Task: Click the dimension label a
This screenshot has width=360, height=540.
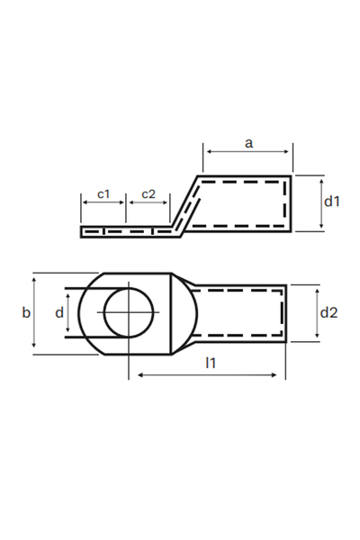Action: pyautogui.click(x=247, y=141)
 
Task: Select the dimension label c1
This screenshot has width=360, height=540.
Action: pyautogui.click(x=103, y=193)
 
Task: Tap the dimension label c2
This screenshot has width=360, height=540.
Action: pyautogui.click(x=148, y=193)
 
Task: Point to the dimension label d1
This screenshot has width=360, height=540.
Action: pyautogui.click(x=332, y=202)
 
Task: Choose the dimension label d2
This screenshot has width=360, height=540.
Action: pyautogui.click(x=329, y=312)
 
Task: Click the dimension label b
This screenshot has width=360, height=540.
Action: pyautogui.click(x=25, y=312)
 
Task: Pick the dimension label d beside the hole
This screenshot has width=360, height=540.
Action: pyautogui.click(x=59, y=312)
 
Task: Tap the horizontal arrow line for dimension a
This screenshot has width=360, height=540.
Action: pyautogui.click(x=247, y=154)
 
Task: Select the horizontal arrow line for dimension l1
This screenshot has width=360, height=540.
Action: pyautogui.click(x=208, y=376)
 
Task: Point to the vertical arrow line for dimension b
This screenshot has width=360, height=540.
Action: pyautogui.click(x=34, y=313)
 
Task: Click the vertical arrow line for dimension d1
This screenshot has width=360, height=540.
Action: pyautogui.click(x=320, y=203)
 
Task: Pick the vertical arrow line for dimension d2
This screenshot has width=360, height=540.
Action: pyautogui.click(x=318, y=312)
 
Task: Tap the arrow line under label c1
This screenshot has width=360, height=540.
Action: pyautogui.click(x=103, y=204)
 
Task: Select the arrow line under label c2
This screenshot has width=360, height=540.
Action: pyautogui.click(x=148, y=204)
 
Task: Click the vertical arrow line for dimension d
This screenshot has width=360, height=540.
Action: pyautogui.click(x=67, y=313)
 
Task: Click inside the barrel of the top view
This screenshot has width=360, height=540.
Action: pyautogui.click(x=238, y=313)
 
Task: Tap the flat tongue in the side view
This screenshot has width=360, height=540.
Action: pyautogui.click(x=126, y=232)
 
